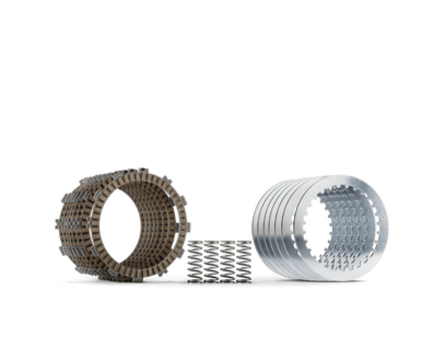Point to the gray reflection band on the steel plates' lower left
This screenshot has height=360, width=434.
(271, 255)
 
